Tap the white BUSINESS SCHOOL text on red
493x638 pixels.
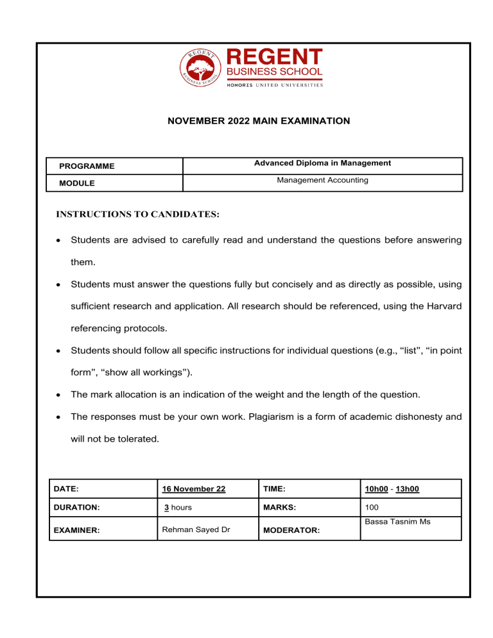pyautogui.click(x=275, y=73)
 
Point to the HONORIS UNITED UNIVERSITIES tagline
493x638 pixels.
pyautogui.click(x=275, y=85)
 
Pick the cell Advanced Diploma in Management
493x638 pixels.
pyautogui.click(x=322, y=164)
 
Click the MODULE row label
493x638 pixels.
pyautogui.click(x=77, y=183)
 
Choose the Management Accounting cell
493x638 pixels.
pyautogui.click(x=322, y=180)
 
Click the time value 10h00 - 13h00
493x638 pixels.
pyautogui.click(x=392, y=488)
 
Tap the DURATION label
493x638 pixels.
pyautogui.click(x=76, y=506)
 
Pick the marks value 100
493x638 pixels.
pyautogui.click(x=372, y=506)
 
